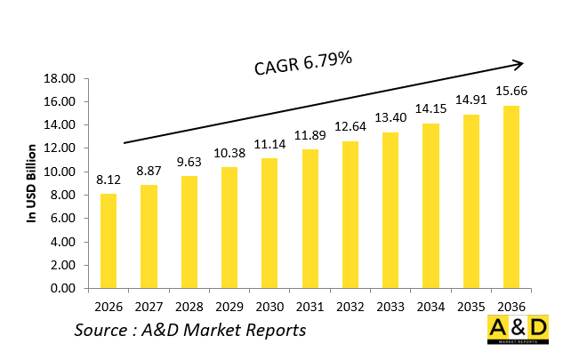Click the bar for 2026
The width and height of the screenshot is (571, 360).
(109, 241)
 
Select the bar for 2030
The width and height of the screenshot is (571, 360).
(269, 223)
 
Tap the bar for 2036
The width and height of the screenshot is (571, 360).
(511, 197)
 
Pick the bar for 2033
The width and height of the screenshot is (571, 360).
(390, 211)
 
